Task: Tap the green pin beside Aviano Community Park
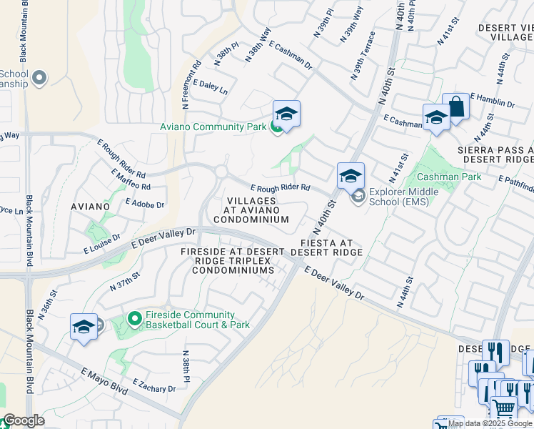coord(276,127)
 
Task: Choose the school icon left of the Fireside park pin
coord(84,327)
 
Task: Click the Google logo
coord(23,420)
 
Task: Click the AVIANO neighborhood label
coord(90,207)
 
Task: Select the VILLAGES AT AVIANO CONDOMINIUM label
coord(258,210)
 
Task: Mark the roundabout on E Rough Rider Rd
coord(221,172)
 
